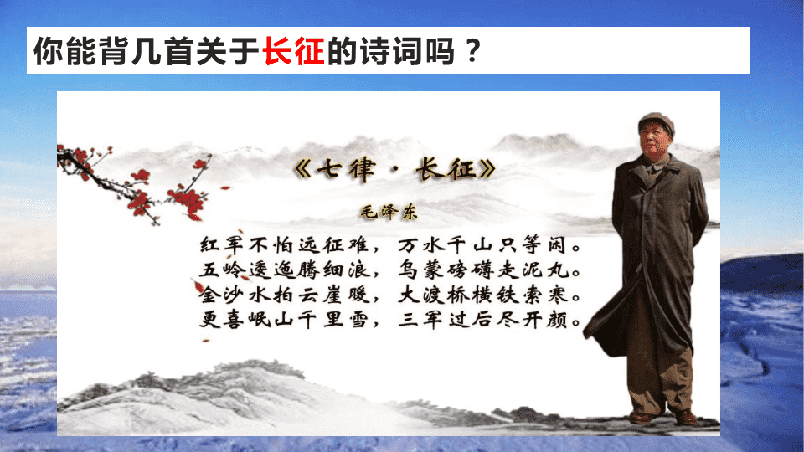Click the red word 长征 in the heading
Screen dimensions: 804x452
[293, 51]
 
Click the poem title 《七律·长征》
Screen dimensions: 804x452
[395, 169]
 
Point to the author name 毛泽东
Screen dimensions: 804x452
[389, 212]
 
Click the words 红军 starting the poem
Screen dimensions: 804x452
[221, 245]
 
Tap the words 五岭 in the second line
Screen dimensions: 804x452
[221, 270]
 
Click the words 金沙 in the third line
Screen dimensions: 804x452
[221, 295]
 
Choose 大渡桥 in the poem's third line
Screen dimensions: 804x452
[432, 295]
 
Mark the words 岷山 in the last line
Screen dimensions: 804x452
[271, 320]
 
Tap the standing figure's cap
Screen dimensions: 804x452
[657, 123]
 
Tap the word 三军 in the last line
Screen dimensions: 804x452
[420, 320]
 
